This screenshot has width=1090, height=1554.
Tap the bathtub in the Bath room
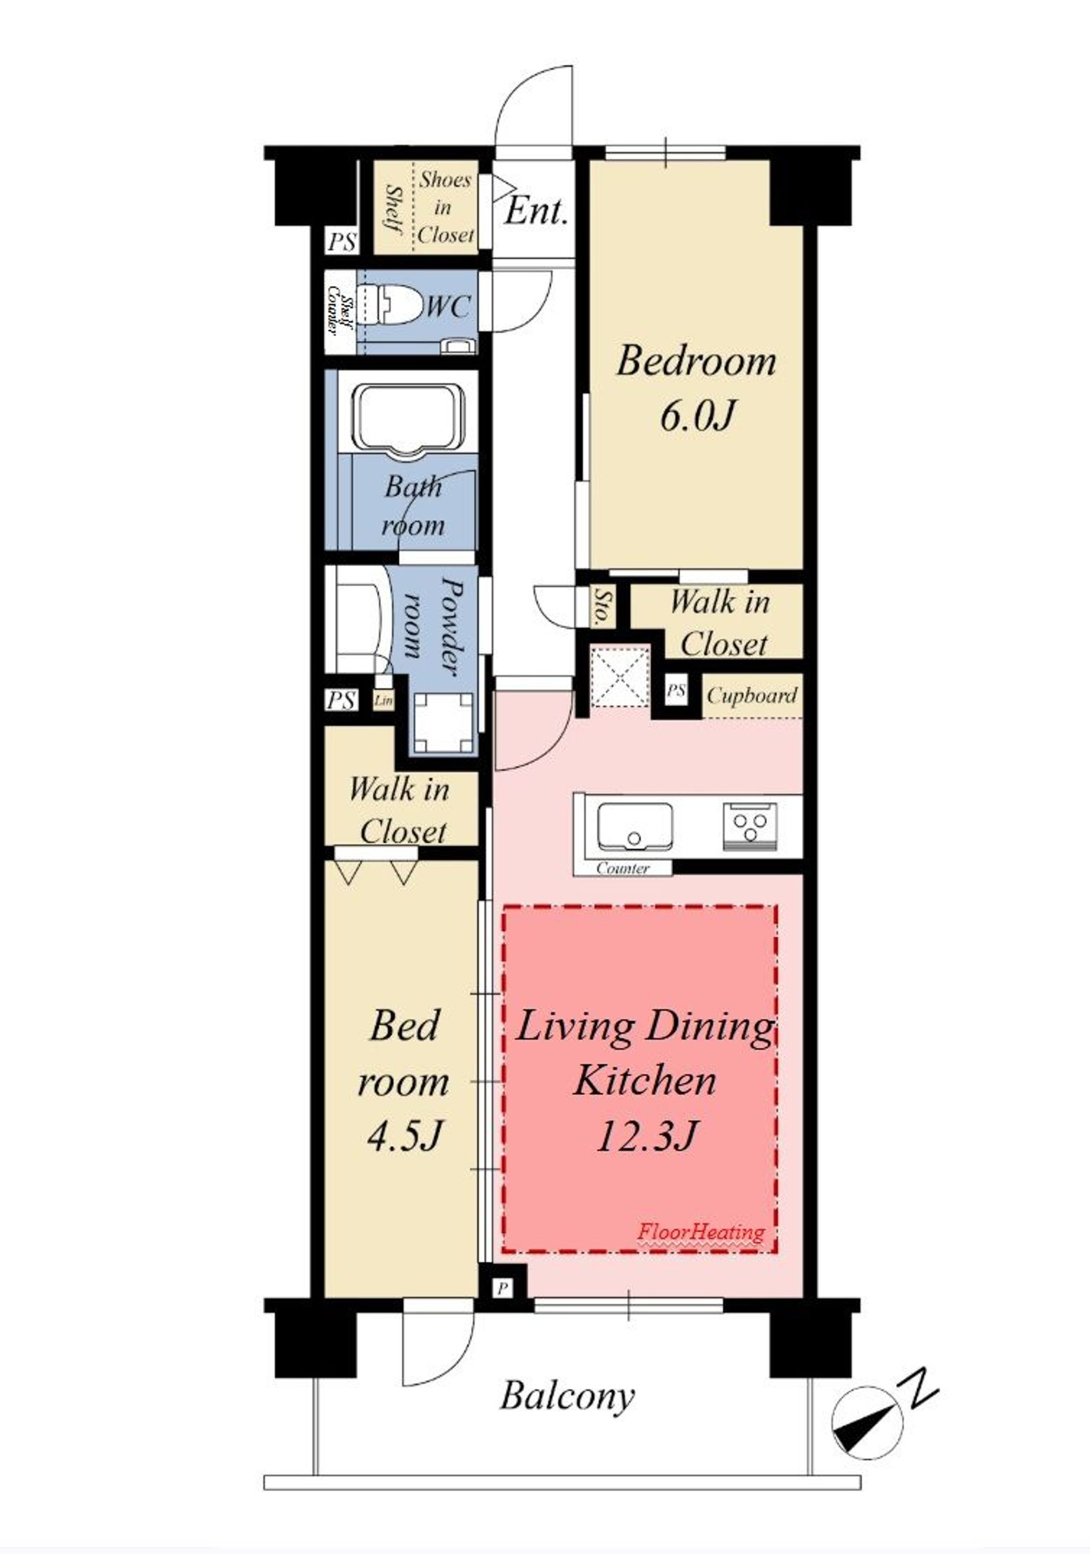pos(411,421)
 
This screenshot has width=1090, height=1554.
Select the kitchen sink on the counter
pos(634,826)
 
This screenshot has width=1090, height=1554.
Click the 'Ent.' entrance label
pos(535,211)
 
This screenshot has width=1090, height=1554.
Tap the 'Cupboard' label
pos(752,696)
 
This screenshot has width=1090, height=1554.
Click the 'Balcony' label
pos(567,1395)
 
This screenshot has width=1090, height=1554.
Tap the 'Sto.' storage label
pos(600,607)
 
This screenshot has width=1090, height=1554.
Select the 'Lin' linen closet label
pos(383,700)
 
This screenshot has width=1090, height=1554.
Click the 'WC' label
pos(447,307)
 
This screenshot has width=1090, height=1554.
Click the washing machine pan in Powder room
pos(443,722)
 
